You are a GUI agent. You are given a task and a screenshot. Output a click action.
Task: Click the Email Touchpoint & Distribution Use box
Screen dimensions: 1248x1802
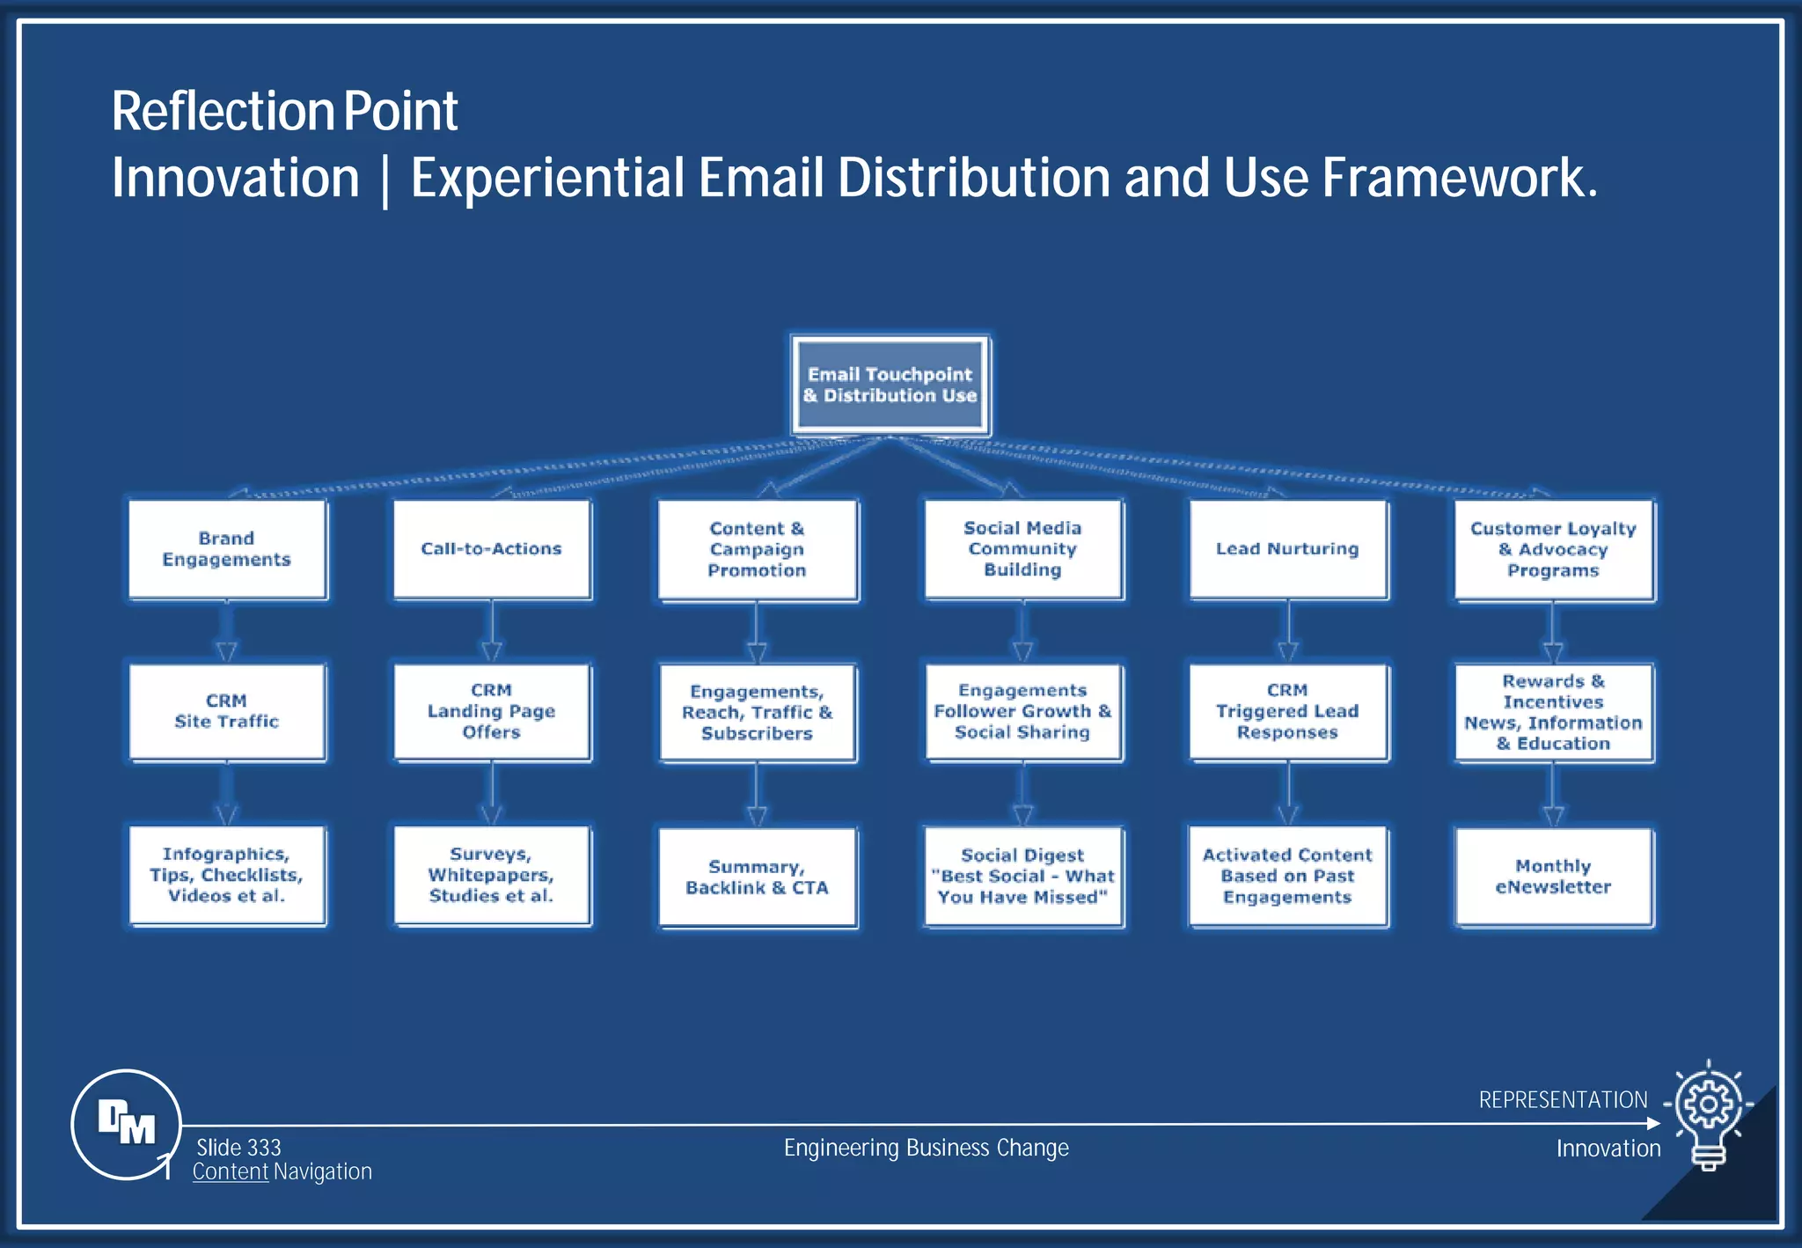point(890,385)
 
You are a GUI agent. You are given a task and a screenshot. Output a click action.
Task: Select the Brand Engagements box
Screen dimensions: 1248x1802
point(227,549)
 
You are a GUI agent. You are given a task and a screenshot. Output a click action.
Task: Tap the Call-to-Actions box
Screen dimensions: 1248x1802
point(492,549)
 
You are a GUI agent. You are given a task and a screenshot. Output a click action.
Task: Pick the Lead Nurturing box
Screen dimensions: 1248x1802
point(1288,549)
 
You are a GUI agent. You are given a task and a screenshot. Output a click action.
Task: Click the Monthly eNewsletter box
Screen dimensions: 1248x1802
point(1554,877)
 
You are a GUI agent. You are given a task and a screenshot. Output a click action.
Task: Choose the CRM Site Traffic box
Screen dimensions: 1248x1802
point(227,712)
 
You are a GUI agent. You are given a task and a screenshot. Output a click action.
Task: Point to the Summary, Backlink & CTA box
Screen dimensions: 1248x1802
point(758,877)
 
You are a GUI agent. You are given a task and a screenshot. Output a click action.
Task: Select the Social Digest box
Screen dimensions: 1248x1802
point(1023,877)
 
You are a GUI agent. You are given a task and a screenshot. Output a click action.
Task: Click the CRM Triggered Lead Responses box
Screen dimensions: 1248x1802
point(1288,712)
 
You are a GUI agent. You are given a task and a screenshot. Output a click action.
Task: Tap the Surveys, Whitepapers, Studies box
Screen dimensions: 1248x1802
point(492,876)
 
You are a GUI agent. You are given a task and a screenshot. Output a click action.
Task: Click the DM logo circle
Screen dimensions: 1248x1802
point(126,1124)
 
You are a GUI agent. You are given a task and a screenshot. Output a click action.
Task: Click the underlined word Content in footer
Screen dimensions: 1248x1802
point(231,1172)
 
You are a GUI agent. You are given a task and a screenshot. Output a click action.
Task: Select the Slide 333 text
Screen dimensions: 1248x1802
point(238,1148)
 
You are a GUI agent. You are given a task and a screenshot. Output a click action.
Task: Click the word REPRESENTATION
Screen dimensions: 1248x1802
point(1563,1100)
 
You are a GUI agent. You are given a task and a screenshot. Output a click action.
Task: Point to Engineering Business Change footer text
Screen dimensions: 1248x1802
point(926,1148)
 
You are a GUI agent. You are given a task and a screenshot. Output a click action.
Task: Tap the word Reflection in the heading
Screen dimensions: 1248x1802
point(221,112)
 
